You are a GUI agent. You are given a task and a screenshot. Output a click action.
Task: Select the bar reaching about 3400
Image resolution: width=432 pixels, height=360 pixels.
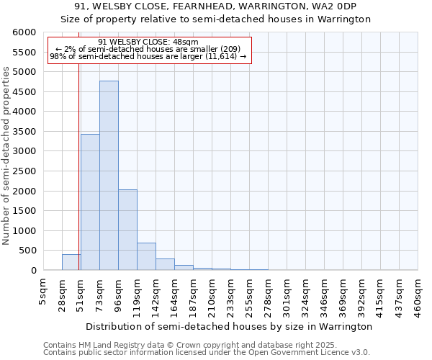(90, 202)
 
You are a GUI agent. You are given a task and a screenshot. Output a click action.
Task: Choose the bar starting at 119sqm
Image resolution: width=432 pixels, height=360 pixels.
(146, 256)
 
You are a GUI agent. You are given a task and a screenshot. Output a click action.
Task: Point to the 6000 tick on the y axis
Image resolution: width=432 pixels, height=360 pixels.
(25, 33)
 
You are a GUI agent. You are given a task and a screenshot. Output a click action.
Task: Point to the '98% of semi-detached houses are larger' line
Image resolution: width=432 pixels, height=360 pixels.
(148, 57)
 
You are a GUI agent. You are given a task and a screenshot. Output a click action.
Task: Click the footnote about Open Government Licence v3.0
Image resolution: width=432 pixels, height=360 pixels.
(207, 353)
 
